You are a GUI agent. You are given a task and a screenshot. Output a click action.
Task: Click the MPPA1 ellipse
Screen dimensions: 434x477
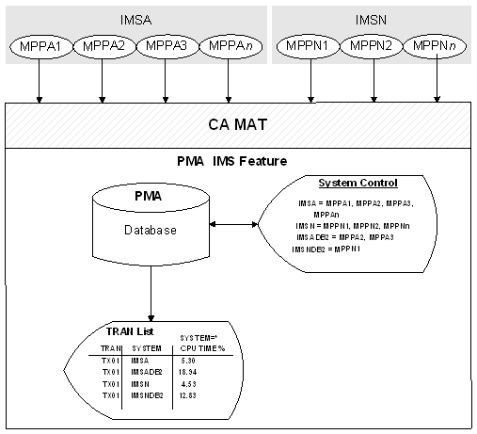(x=40, y=46)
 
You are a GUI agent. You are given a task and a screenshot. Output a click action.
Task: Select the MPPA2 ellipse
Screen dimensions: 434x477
(x=103, y=46)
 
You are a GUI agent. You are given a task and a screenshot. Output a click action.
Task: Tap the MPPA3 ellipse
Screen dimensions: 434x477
(x=166, y=46)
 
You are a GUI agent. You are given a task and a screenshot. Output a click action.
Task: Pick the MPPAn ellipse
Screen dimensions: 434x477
(x=228, y=46)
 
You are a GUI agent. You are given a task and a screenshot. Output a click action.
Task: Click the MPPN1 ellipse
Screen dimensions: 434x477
(x=310, y=46)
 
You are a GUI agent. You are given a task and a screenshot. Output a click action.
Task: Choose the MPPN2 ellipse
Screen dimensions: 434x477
(x=374, y=46)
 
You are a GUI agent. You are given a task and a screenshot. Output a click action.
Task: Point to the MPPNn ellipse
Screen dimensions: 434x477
(x=437, y=46)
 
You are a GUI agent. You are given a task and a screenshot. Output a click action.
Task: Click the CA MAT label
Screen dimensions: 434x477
(x=238, y=124)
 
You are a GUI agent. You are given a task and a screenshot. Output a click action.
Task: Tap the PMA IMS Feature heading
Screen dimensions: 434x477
(x=238, y=162)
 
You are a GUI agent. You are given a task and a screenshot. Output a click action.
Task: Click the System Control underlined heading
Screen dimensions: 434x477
(x=358, y=183)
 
